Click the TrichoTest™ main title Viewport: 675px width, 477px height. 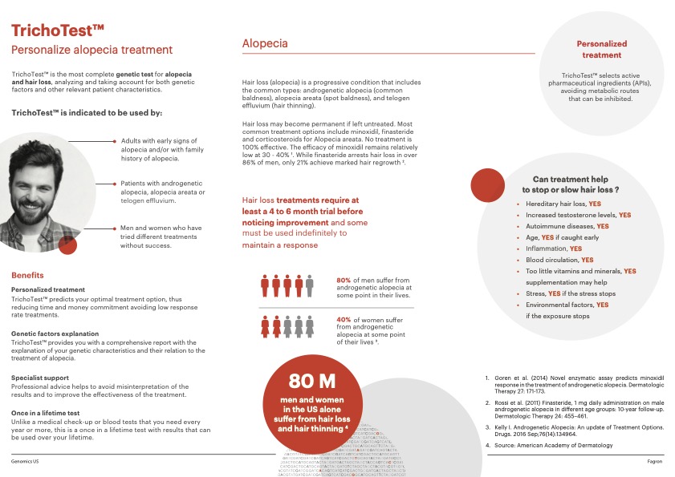pos(58,30)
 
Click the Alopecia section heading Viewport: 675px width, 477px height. pos(265,44)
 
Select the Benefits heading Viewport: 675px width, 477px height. pos(27,275)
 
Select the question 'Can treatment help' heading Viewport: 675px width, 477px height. pos(571,184)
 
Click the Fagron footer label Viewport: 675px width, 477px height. pos(654,462)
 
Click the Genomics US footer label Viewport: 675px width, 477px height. pos(28,462)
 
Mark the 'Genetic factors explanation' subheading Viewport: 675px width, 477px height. pos(55,333)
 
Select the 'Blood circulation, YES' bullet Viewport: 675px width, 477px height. pos(559,260)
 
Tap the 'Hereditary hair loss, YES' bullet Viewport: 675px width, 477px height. pos(567,204)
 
